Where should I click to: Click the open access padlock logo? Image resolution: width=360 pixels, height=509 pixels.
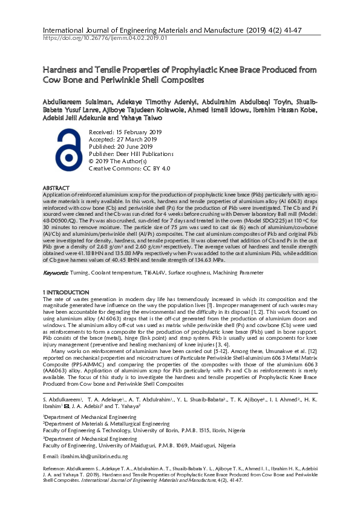65,152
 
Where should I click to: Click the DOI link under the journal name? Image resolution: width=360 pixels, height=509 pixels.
105,38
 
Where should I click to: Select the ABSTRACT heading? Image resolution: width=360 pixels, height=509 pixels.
56,189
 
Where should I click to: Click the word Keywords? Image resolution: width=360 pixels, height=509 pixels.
55,273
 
